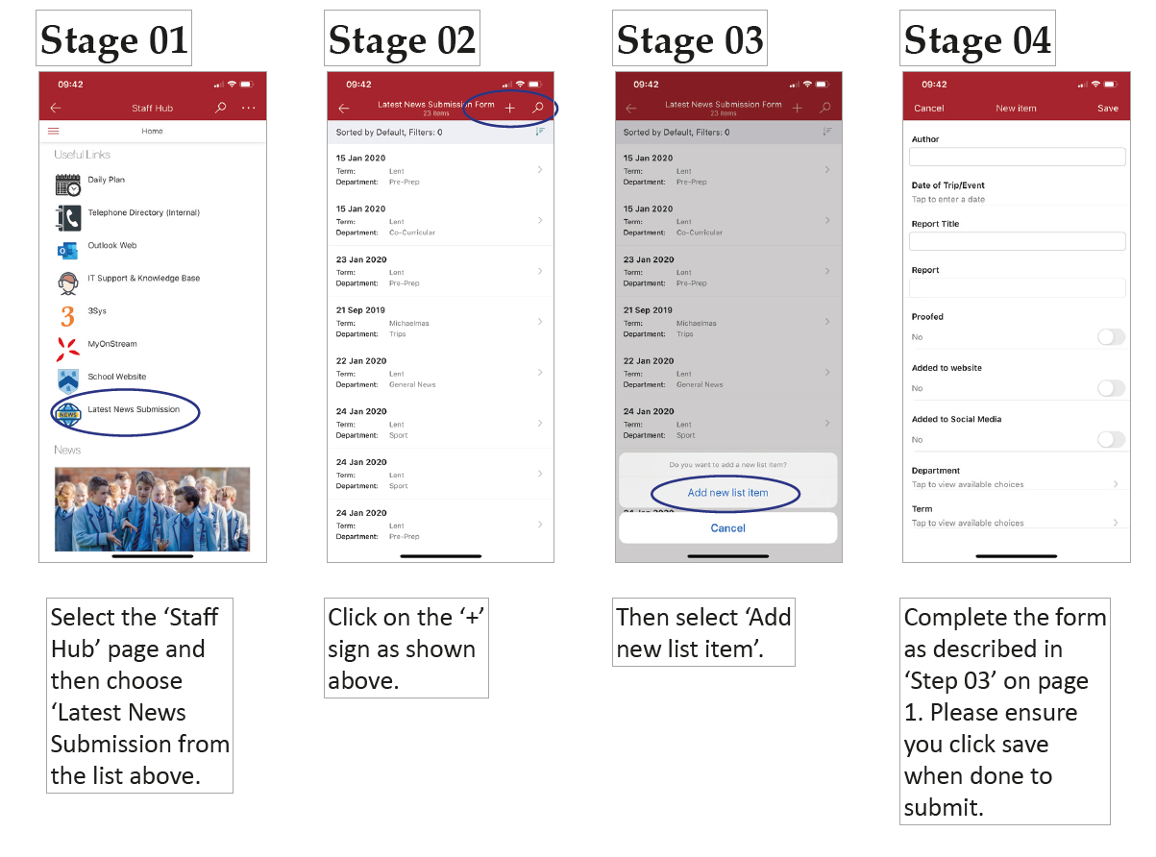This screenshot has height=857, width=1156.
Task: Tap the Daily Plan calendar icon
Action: point(68,184)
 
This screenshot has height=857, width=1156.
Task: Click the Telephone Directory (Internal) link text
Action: point(143,212)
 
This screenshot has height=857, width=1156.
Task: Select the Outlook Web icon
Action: point(68,250)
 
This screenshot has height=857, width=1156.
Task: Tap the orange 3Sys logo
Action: point(68,316)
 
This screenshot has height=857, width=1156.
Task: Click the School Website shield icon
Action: point(68,380)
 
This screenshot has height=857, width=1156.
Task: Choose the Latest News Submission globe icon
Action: point(68,414)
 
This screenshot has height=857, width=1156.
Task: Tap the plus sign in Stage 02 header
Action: point(509,108)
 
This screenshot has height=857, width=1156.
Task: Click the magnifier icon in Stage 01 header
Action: point(220,108)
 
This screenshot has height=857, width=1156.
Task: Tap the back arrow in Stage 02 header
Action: point(343,108)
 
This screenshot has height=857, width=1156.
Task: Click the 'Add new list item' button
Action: point(727,493)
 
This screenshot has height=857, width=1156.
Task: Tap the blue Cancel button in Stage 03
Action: point(727,528)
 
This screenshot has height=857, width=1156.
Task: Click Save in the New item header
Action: point(1106,108)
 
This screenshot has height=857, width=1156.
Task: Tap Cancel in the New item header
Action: point(927,108)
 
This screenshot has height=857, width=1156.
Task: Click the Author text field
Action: point(1016,157)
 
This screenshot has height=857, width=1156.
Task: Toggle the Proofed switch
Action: point(1110,337)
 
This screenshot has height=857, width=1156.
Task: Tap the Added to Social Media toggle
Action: point(1110,439)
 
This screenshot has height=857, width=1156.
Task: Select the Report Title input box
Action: point(1016,241)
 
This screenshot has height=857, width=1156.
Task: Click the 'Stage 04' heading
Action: point(976,39)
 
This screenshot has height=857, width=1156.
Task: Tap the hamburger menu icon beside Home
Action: point(54,131)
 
